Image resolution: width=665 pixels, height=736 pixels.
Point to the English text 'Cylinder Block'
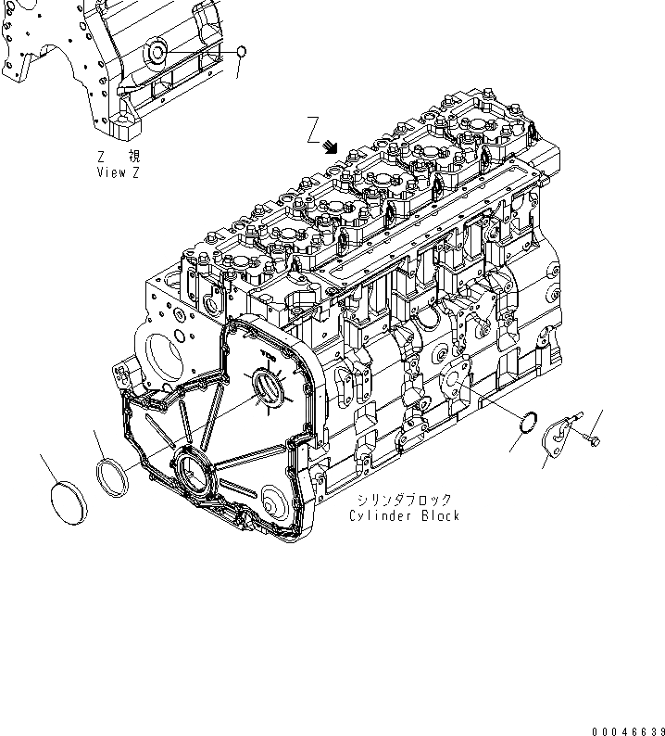(x=404, y=515)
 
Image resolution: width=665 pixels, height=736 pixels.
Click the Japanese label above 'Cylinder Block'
(x=404, y=500)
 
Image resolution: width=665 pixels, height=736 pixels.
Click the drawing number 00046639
(x=624, y=729)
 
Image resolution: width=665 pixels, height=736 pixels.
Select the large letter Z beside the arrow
(x=314, y=130)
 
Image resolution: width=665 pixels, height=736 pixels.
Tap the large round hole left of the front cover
(x=166, y=354)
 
